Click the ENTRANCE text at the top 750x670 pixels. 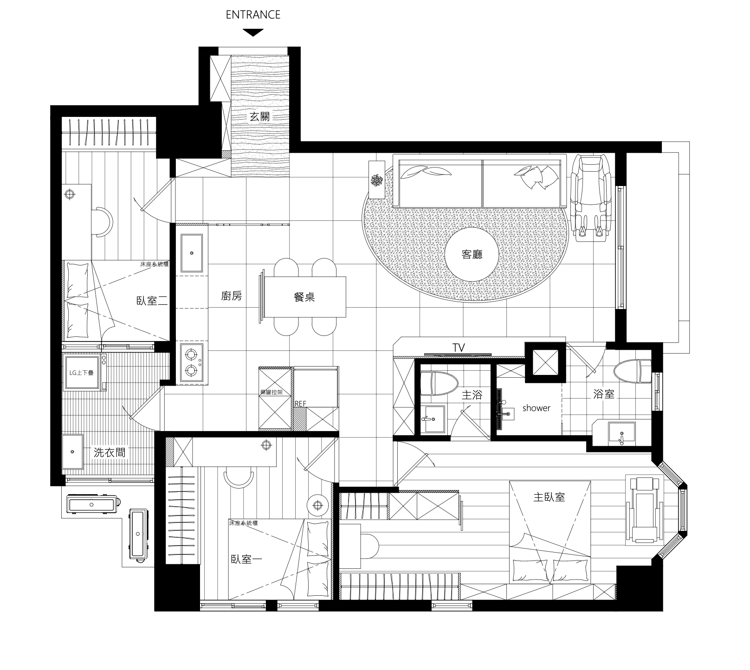click(253, 14)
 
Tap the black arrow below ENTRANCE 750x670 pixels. click(253, 32)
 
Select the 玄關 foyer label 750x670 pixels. click(259, 116)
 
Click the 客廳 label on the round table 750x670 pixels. click(472, 254)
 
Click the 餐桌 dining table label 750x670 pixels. click(304, 297)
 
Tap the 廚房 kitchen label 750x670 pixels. click(231, 296)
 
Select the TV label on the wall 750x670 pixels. click(459, 348)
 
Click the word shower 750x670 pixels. click(536, 408)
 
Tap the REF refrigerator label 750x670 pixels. click(301, 404)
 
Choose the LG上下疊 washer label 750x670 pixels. click(81, 372)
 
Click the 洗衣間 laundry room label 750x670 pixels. click(110, 452)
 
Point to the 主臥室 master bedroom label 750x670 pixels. click(549, 497)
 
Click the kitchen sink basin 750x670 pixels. click(191, 253)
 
